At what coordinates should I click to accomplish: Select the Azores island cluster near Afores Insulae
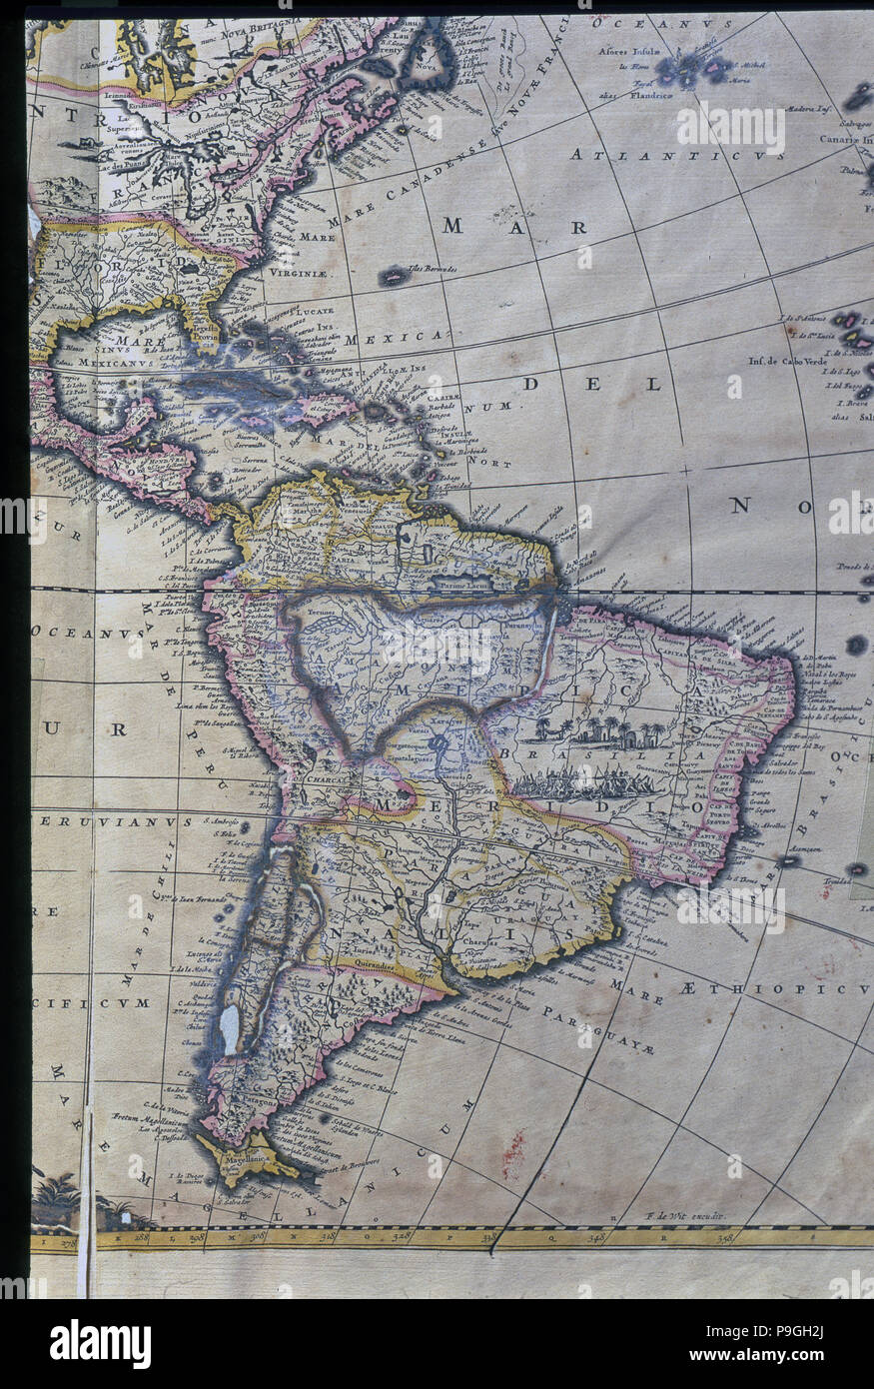(689, 70)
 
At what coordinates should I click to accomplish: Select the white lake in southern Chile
(231, 1029)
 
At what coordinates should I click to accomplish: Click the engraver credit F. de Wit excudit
(683, 1216)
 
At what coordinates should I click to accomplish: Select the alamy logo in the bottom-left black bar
(100, 1343)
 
